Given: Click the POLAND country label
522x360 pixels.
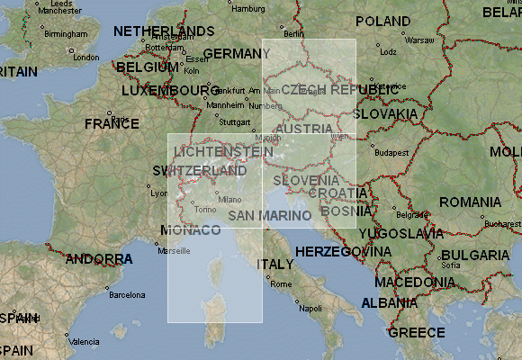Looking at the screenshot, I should tap(383, 21).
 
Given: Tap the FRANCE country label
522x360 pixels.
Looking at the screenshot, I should tap(112, 123).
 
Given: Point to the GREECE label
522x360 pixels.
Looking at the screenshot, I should tap(417, 332).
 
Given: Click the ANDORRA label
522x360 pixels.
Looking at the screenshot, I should tap(100, 259).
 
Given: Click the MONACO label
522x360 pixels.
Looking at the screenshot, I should tap(191, 230).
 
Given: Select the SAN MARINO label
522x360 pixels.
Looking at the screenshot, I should tap(270, 216).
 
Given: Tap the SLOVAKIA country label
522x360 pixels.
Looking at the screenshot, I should tap(384, 114).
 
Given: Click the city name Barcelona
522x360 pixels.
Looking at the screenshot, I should tap(127, 294).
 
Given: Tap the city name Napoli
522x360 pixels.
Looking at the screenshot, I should tap(310, 308).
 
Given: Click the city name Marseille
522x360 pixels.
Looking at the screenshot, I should tap(174, 251).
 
